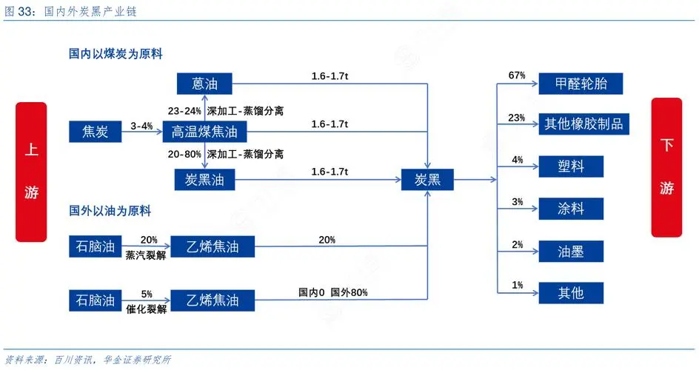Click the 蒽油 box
click(x=204, y=84)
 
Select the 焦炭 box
click(x=95, y=131)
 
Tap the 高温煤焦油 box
click(x=204, y=131)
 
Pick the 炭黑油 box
click(x=204, y=179)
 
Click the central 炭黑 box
click(x=427, y=179)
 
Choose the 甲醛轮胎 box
click(x=581, y=84)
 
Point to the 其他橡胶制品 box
click(x=583, y=124)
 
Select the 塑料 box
click(x=571, y=166)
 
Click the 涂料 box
click(x=571, y=209)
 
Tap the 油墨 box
click(x=571, y=252)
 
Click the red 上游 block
click(x=31, y=172)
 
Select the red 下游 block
click(x=666, y=167)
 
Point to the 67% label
click(x=517, y=75)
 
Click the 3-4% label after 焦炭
click(x=141, y=126)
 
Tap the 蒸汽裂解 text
click(x=146, y=255)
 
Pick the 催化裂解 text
click(x=146, y=309)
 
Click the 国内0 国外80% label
click(x=333, y=292)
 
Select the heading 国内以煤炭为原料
click(x=116, y=54)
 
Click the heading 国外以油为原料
click(x=110, y=211)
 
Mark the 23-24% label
click(x=184, y=111)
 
